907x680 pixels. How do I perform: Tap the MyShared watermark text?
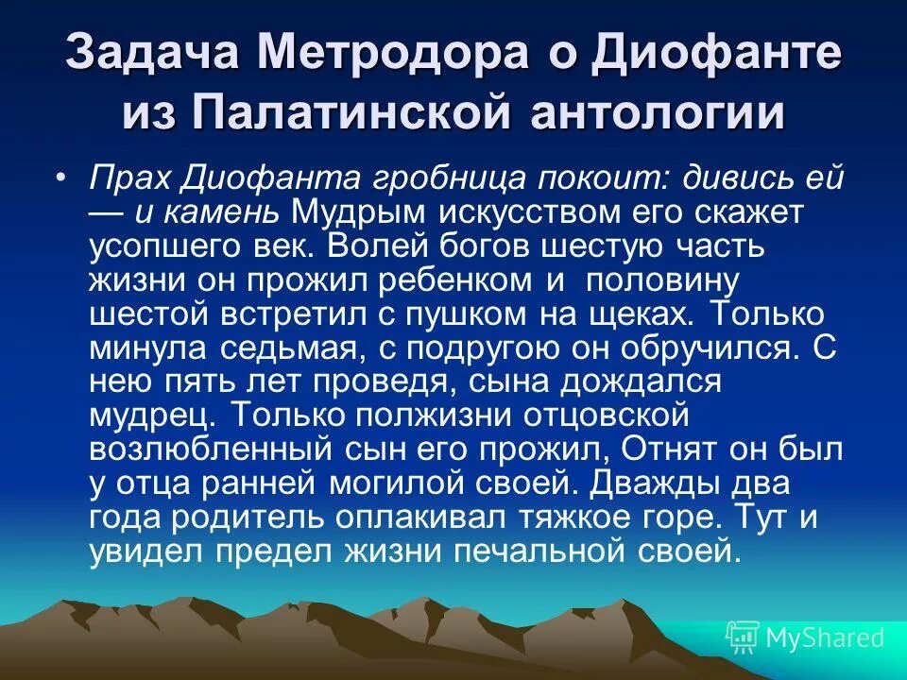[x=824, y=637]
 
